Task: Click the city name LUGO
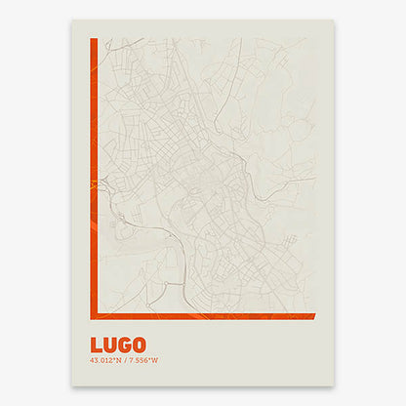click(x=118, y=345)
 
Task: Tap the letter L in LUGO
click(x=96, y=345)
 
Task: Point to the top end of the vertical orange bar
click(x=93, y=41)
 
